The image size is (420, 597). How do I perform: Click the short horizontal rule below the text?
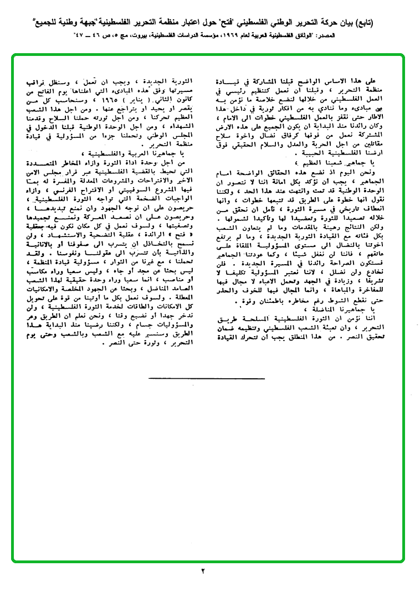pos(206,378)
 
